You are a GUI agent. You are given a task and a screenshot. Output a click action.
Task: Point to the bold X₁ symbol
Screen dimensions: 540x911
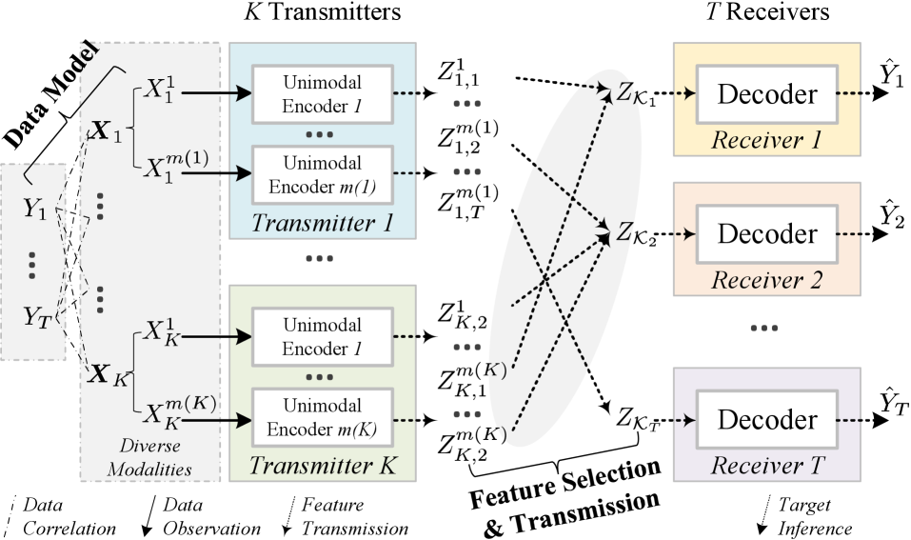click(x=106, y=132)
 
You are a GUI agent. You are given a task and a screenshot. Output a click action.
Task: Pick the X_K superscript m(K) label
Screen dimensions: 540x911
click(x=179, y=410)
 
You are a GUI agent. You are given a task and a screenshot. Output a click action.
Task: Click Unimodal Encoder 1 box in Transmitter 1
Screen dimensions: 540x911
click(x=322, y=94)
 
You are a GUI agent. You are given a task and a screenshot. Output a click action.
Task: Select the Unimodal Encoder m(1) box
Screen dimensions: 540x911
click(x=322, y=174)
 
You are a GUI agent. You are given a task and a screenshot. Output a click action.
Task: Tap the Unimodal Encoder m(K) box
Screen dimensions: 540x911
click(x=322, y=417)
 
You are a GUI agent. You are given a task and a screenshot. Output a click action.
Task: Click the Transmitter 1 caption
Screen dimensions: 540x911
click(x=322, y=225)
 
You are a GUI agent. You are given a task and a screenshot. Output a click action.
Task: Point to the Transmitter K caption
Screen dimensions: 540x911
click(x=322, y=467)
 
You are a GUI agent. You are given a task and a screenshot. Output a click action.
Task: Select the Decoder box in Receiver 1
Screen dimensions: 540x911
click(x=766, y=94)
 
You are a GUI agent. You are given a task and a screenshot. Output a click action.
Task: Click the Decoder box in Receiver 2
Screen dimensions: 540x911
click(x=766, y=233)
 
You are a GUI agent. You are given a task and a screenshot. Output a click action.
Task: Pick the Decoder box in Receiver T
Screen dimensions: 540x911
click(x=766, y=419)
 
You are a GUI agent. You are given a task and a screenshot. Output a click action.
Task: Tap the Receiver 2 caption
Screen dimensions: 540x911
click(x=766, y=280)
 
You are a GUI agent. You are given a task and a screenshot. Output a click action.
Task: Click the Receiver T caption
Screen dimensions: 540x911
click(x=766, y=466)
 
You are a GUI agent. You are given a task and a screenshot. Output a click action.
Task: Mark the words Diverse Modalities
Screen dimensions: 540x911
click(x=149, y=457)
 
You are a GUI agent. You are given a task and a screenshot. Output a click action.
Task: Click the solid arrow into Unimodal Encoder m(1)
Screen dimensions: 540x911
click(x=216, y=173)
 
